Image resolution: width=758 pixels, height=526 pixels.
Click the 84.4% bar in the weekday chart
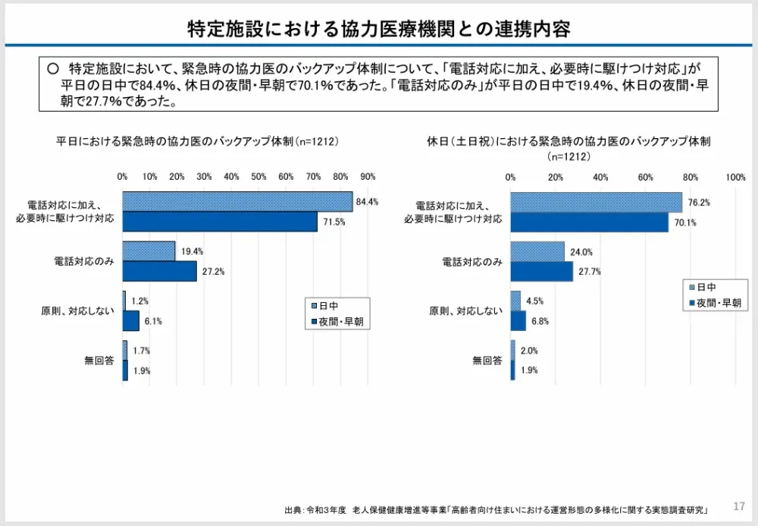tap(237, 202)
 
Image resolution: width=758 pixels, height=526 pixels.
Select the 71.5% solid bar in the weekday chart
tap(220, 222)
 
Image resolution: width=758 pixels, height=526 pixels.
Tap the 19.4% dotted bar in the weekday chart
tap(149, 251)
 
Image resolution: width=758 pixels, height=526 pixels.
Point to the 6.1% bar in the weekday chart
tap(131, 321)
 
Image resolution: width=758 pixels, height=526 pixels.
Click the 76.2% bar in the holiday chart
tap(596, 202)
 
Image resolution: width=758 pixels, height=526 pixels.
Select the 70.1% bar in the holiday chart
tap(589, 222)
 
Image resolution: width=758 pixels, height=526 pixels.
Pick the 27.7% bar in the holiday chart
tap(541, 272)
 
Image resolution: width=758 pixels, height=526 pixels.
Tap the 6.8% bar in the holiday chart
tap(518, 321)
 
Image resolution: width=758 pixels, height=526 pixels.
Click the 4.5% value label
tap(535, 301)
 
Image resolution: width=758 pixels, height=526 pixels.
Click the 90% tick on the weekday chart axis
tap(368, 176)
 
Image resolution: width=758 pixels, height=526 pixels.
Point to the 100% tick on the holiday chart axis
tap(735, 176)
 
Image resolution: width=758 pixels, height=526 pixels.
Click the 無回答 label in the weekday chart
tap(99, 361)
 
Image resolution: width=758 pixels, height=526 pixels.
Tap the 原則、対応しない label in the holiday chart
tap(465, 310)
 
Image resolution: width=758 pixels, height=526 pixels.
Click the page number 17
tap(740, 506)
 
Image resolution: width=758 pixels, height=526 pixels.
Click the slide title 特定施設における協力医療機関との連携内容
tap(379, 29)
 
